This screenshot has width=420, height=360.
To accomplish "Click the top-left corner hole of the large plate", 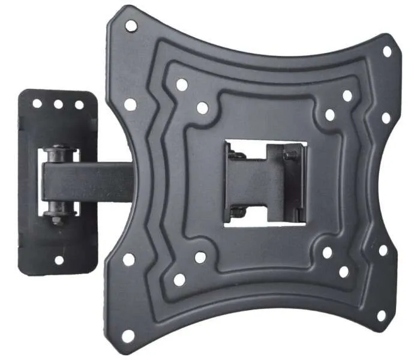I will (x=131, y=25).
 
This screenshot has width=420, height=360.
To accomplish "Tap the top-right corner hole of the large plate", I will (x=387, y=52).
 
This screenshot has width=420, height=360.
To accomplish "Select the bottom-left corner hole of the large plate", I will (x=128, y=336).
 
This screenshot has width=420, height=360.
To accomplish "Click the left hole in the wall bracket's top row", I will (x=37, y=103).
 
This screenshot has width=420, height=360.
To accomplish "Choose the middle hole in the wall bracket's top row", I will (x=58, y=104).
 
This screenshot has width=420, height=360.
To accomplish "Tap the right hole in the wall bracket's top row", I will (x=79, y=104).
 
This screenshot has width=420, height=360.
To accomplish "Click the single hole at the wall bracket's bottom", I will (x=59, y=260).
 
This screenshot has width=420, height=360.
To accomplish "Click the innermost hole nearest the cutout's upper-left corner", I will (x=202, y=108).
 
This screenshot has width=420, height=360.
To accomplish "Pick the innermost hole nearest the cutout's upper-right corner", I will (x=330, y=115).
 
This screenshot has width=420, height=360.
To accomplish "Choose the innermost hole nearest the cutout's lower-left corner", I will (x=200, y=257).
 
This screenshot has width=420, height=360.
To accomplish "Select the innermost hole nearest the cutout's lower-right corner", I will (x=328, y=253).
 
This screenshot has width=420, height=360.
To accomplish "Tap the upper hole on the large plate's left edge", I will (x=130, y=104).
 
